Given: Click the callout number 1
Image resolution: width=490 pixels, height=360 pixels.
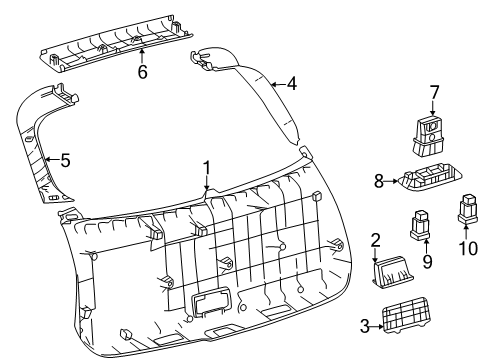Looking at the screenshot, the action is pyautogui.click(x=207, y=168).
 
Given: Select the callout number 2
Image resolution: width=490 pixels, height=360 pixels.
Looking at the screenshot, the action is pyautogui.click(x=375, y=240).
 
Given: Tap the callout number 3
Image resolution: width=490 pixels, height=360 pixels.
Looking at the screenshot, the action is pyautogui.click(x=365, y=326).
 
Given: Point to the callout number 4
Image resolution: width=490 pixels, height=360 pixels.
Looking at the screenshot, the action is pyautogui.click(x=291, y=84).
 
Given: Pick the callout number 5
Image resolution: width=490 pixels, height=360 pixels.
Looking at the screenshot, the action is pyautogui.click(x=65, y=160).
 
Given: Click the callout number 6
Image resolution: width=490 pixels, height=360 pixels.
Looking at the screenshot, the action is pyautogui.click(x=143, y=72).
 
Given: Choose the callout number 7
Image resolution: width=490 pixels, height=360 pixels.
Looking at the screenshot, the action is pyautogui.click(x=434, y=93).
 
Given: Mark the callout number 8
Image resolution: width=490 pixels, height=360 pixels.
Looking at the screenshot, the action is pyautogui.click(x=379, y=182).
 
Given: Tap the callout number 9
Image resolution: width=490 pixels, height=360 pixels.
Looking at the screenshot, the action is pyautogui.click(x=427, y=262).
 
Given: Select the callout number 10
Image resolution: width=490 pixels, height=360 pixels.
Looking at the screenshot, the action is pyautogui.click(x=468, y=248).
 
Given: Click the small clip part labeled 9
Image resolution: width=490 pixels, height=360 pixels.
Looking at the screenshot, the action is pyautogui.click(x=420, y=225).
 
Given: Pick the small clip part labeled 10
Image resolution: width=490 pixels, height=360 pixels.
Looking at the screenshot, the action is pyautogui.click(x=468, y=209).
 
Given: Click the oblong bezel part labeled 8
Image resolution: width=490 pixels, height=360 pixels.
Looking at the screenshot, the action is pyautogui.click(x=430, y=178).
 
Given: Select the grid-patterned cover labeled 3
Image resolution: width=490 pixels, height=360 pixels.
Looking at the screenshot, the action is pyautogui.click(x=405, y=314).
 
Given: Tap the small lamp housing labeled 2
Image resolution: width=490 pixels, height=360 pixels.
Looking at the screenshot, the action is pyautogui.click(x=393, y=271).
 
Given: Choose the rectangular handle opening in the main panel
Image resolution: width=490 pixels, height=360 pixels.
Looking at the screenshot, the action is pyautogui.click(x=211, y=300).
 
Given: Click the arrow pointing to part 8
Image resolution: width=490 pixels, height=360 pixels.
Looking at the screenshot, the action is pyautogui.click(x=391, y=182).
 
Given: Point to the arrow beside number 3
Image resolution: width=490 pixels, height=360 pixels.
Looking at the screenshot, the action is pyautogui.click(x=377, y=327).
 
